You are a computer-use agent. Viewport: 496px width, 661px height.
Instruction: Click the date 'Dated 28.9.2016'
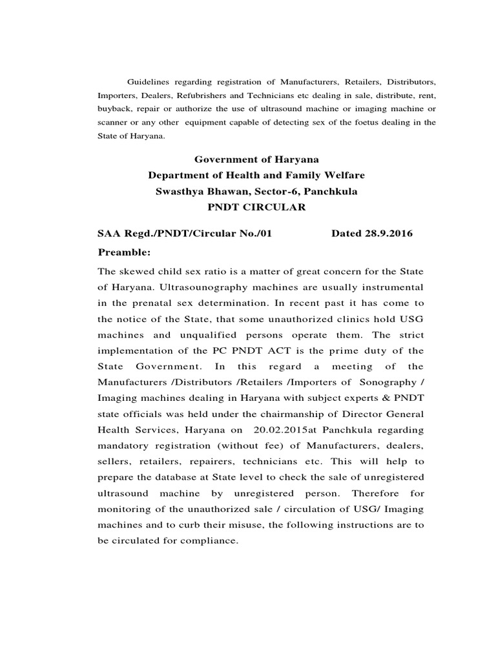click(371, 234)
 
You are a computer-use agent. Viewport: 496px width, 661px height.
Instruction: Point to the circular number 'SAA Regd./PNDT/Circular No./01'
click(185, 234)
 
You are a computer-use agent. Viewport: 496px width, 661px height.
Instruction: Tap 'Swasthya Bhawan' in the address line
click(195, 192)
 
